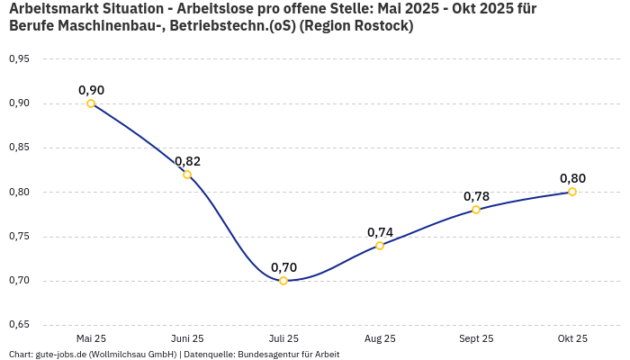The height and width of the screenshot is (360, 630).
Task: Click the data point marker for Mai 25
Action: [x=91, y=103]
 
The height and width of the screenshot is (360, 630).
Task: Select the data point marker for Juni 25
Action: [x=187, y=175]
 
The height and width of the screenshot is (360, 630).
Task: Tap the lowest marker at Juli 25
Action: [x=283, y=281]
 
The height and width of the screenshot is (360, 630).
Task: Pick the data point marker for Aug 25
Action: [x=380, y=245]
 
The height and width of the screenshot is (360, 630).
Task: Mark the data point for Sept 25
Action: [x=476, y=210]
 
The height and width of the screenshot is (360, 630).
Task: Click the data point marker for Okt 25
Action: [x=572, y=192]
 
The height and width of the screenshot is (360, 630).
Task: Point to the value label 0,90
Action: [x=91, y=90]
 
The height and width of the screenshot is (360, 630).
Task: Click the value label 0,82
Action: [x=187, y=161]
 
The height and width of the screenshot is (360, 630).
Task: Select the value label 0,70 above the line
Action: [x=283, y=267]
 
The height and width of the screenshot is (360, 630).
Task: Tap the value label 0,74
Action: [x=380, y=232]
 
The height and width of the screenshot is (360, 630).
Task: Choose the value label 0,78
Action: [x=476, y=196]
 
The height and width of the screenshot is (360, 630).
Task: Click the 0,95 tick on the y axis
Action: [x=19, y=59]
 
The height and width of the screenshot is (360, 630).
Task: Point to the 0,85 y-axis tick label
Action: [x=19, y=148]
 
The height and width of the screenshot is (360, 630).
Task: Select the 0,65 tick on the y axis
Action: [x=19, y=325]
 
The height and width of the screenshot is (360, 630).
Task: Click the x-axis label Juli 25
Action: [x=283, y=339]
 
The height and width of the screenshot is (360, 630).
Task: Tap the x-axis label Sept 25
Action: [x=476, y=339]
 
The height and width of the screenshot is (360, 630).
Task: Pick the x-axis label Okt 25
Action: [x=572, y=339]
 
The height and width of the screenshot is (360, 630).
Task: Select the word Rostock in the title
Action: [x=380, y=26]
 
